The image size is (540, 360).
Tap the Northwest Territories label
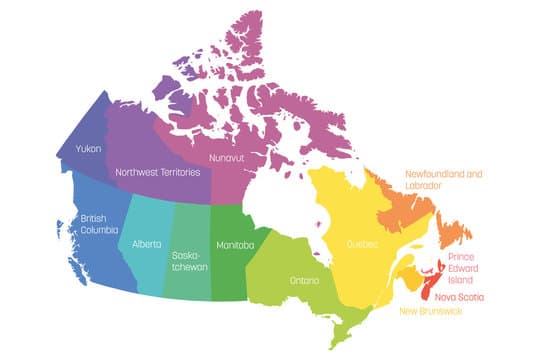pyautogui.click(x=158, y=172)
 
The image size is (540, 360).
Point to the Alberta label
pyautogui.click(x=146, y=244)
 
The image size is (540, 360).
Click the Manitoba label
pyautogui.click(x=236, y=244)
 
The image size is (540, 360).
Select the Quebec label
pyautogui.click(x=362, y=242)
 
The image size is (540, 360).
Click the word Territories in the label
pyautogui.click(x=183, y=172)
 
